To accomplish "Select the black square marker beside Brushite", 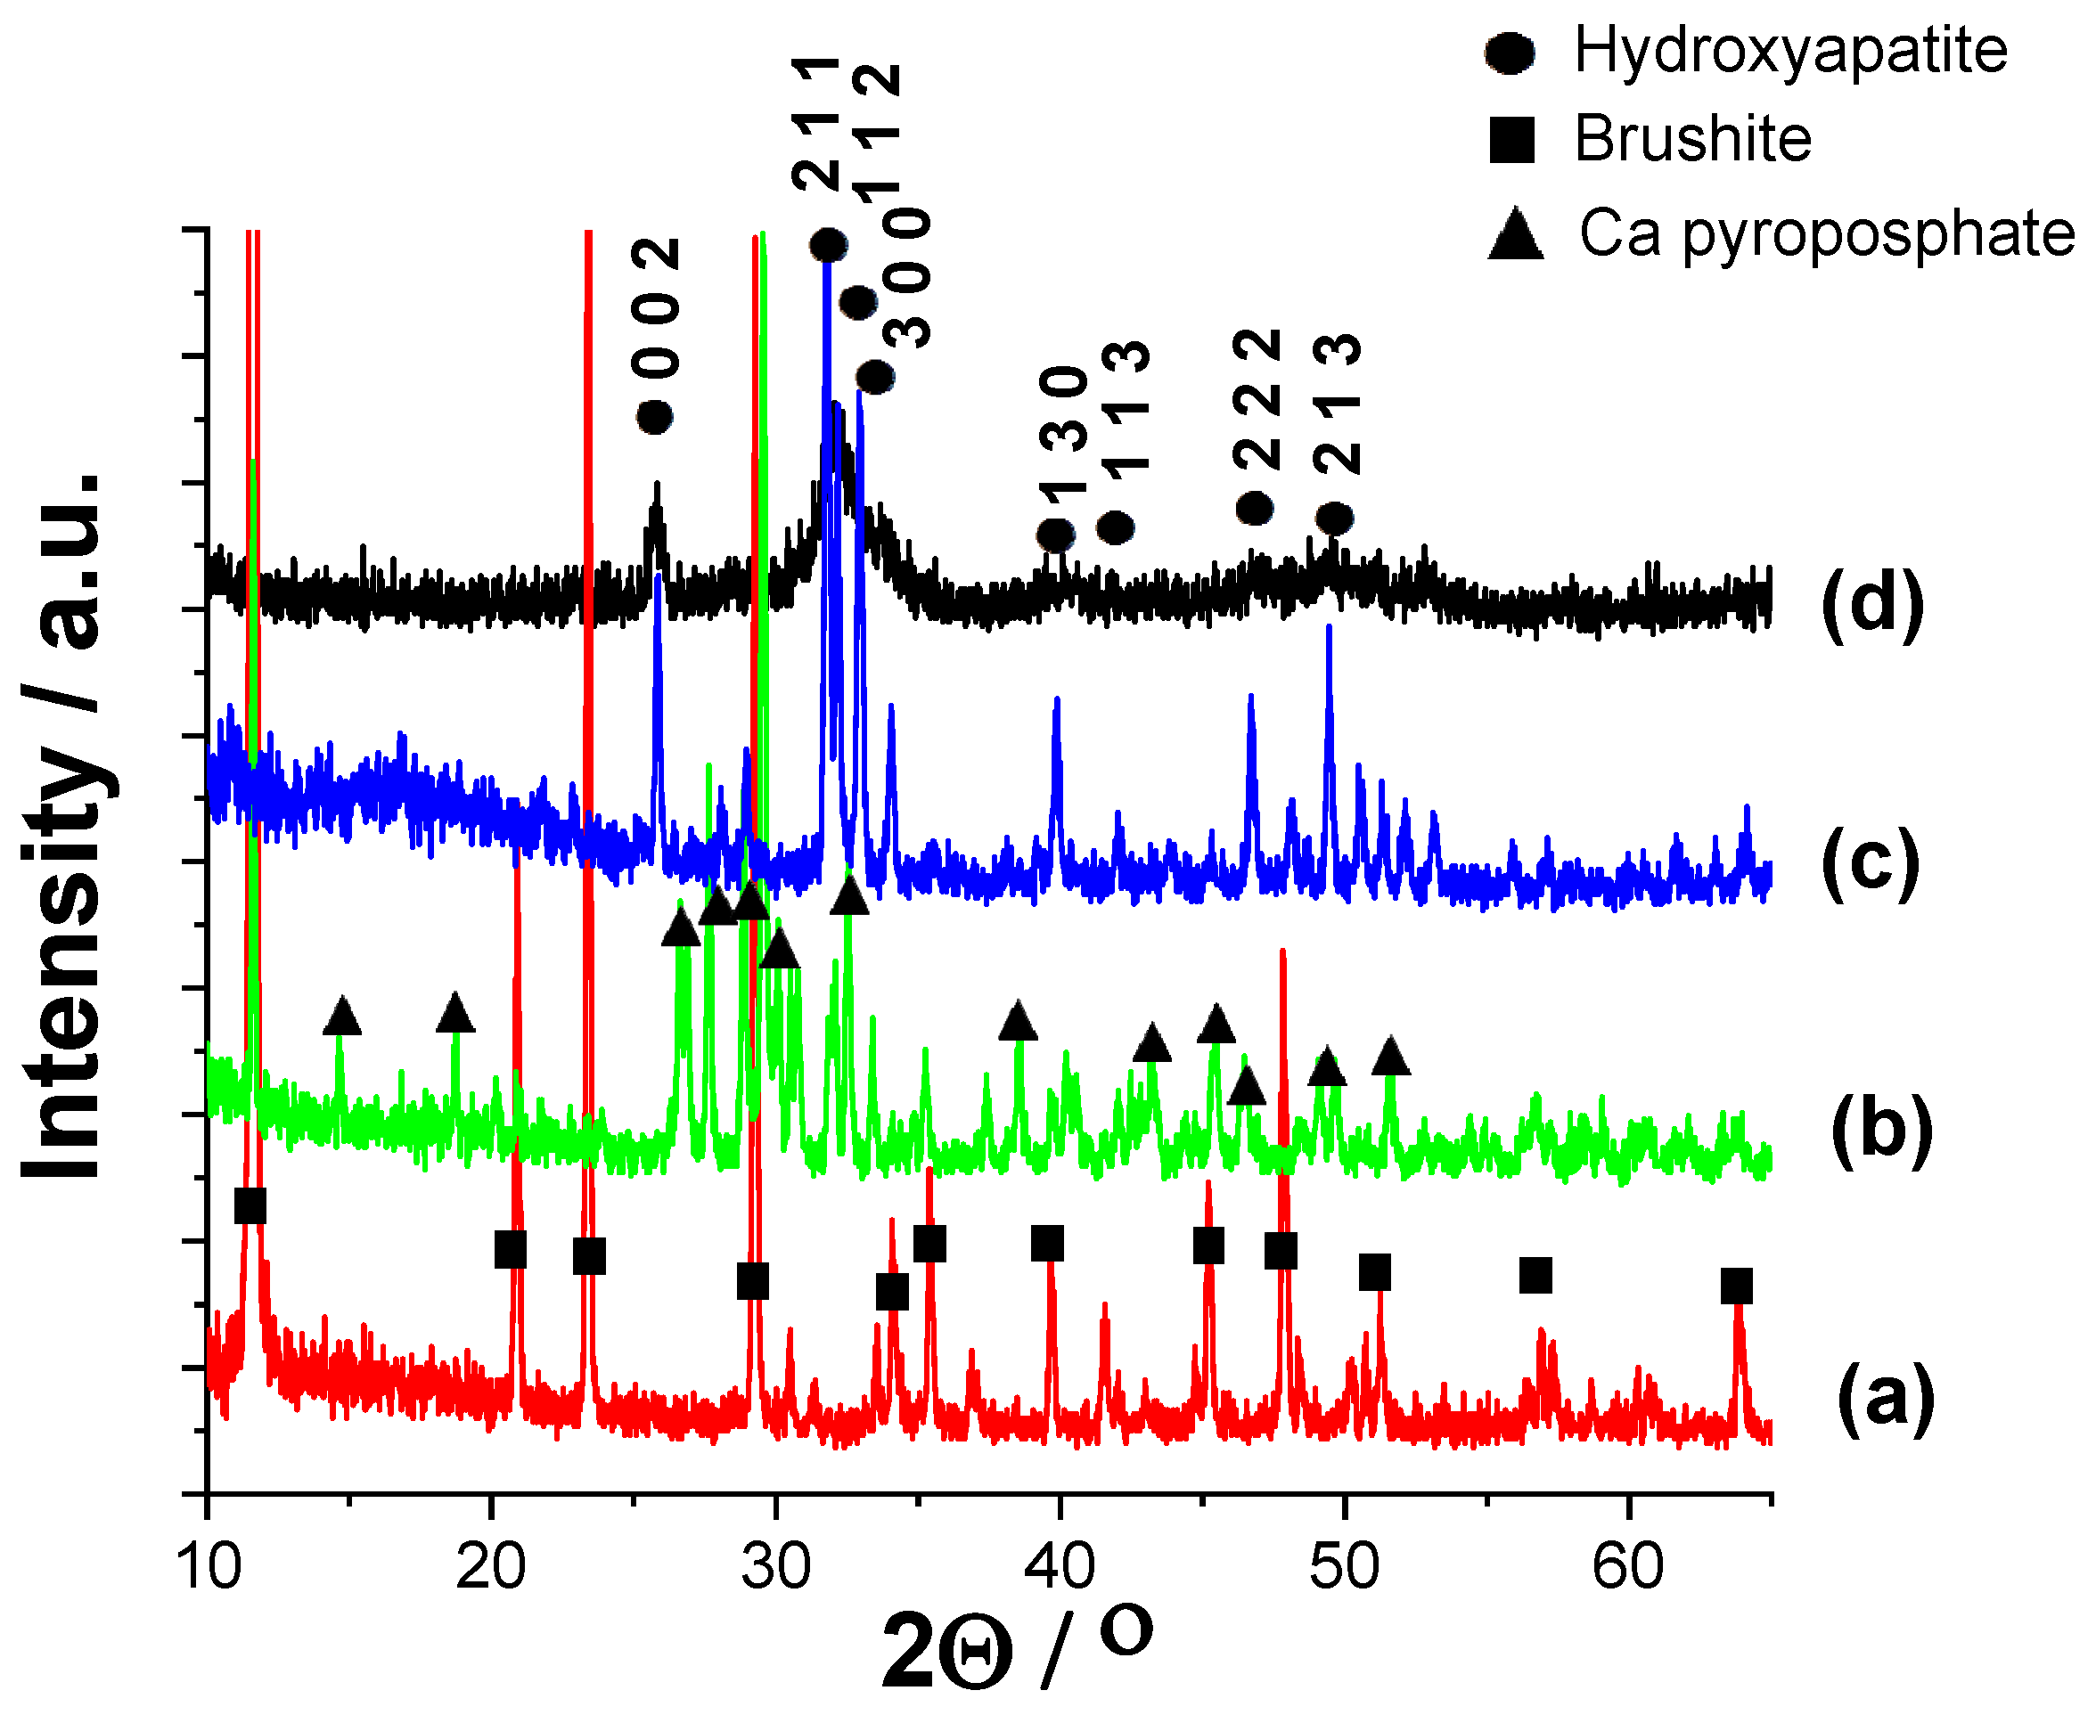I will click(1511, 139).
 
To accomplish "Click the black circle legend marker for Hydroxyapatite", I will click(1510, 53).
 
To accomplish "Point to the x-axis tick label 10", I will click(209, 1567).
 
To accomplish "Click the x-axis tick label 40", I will click(1060, 1567).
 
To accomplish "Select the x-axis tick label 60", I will click(1627, 1567).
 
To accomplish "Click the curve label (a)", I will click(1886, 1397).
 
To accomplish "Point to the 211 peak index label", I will click(815, 124).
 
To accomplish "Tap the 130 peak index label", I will click(1063, 430).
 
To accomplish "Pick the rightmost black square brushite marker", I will click(1736, 1286).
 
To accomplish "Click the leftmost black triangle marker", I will click(342, 1017).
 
